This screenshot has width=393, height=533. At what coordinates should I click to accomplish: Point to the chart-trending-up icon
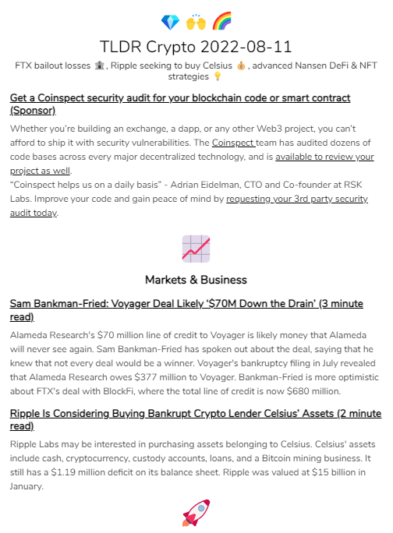pyautogui.click(x=196, y=248)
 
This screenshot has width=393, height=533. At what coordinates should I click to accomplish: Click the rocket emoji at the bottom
pyautogui.click(x=196, y=513)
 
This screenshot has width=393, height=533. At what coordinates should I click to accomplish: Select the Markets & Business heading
pyautogui.click(x=196, y=279)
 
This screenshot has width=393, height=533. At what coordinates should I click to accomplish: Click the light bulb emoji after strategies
pyautogui.click(x=218, y=77)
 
